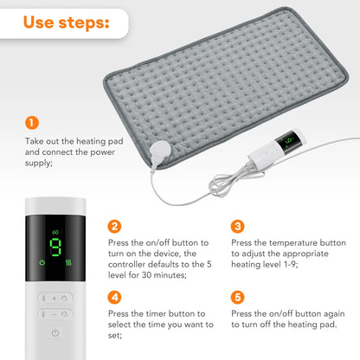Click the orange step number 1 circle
click(32, 122)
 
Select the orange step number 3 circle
click(238, 227)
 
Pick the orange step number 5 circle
click(238, 297)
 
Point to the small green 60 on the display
click(55, 232)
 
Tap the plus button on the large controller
click(54, 298)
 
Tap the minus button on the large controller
click(54, 314)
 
